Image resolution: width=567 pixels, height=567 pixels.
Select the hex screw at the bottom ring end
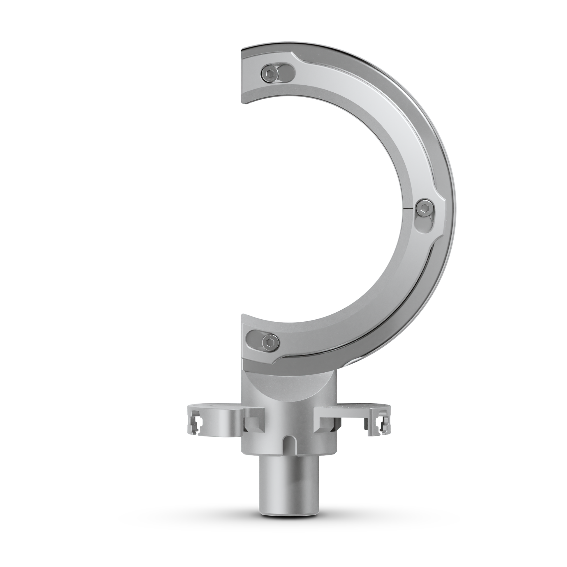(x=270, y=341)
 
